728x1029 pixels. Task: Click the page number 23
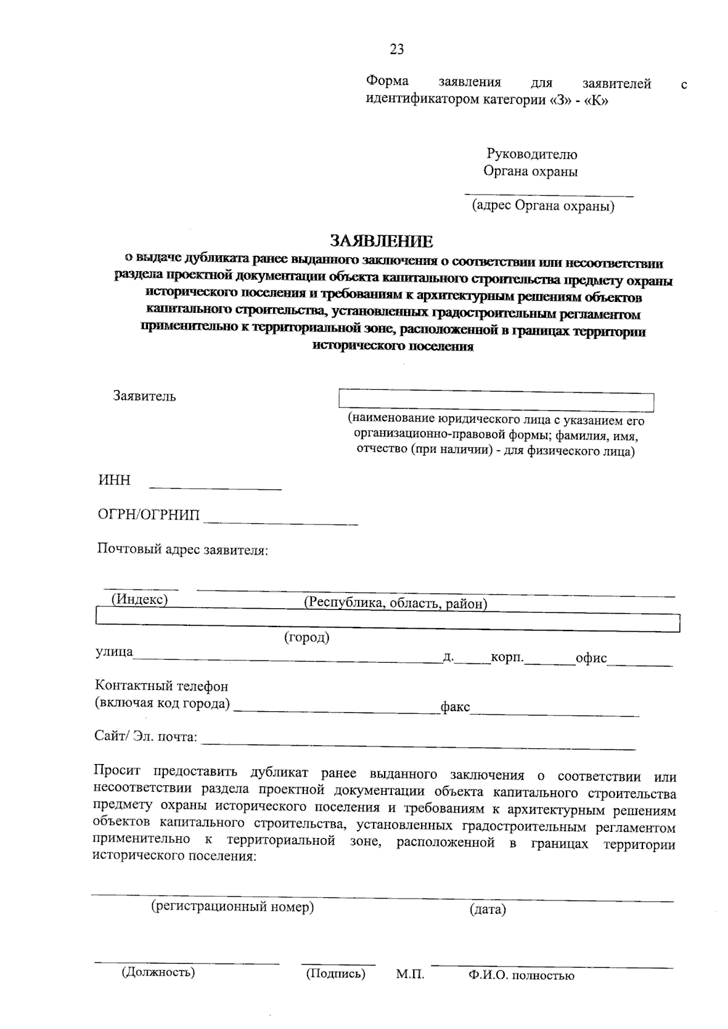coord(397,49)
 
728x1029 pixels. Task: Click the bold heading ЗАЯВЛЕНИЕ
coord(382,241)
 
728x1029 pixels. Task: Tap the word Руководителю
coord(532,155)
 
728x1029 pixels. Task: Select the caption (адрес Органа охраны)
coord(544,207)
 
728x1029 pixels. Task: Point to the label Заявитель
coord(144,397)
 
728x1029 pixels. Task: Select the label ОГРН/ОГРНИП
coord(149,515)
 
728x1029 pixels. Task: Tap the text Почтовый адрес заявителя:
coord(183,550)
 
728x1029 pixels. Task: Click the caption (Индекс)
coord(139,600)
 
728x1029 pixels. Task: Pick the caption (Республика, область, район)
coord(396,604)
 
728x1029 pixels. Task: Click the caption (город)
coord(307,638)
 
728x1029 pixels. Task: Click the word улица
coord(114,652)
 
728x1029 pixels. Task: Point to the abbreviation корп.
coord(507,657)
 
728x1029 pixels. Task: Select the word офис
coord(591,659)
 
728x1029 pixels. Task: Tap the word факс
coord(455,707)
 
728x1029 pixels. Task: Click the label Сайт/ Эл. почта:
coord(146,737)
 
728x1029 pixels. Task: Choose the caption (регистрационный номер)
coord(232,907)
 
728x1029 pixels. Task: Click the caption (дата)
coord(487,910)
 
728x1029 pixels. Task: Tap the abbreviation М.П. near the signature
coord(410,975)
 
